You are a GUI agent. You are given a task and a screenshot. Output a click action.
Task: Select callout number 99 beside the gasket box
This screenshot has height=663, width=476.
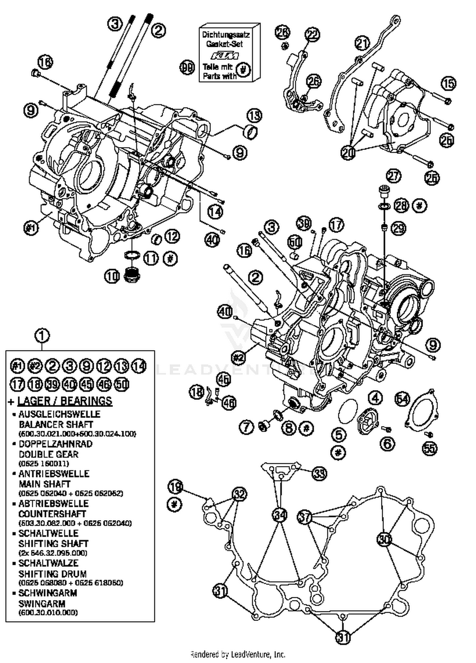pos(187,67)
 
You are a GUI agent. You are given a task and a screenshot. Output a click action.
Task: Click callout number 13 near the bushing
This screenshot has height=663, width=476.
pos(254,116)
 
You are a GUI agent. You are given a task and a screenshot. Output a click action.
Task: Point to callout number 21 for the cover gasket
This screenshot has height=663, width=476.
pos(362,44)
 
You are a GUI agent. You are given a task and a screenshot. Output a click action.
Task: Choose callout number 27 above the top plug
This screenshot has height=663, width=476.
pos(393,176)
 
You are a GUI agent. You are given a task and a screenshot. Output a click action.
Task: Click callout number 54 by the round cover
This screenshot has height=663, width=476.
pos(402,399)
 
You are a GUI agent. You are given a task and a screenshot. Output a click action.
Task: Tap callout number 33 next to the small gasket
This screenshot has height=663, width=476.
pos(319,474)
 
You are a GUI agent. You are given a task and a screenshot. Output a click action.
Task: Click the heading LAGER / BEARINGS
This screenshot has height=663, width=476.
pos(65,401)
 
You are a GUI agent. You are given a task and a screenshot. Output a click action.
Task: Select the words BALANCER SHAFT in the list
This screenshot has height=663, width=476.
pos(56,424)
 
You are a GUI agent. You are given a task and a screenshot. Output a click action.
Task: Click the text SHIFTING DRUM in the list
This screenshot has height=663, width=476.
pos(52,574)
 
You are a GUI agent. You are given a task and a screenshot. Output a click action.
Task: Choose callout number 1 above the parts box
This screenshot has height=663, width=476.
pos(43,335)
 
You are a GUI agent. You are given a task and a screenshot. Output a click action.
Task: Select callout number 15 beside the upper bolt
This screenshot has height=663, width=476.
pos(448,84)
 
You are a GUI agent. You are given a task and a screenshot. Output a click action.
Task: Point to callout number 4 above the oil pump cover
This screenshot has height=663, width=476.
pos(375,398)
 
